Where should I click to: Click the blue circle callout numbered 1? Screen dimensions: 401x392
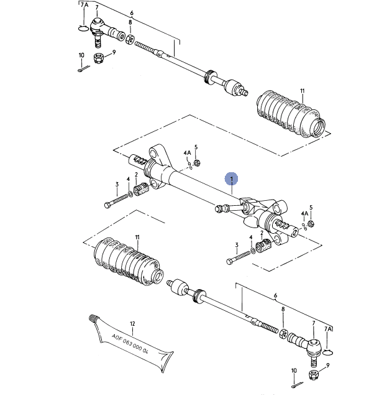pos(232,179)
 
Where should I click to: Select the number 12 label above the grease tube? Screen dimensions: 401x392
pos(132,324)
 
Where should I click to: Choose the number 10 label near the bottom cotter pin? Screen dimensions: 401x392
pos(294,371)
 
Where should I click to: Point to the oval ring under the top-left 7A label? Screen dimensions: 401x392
pos(82,27)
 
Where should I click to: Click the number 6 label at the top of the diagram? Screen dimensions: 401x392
pos(131,12)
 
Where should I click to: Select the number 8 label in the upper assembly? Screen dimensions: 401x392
pos(130,23)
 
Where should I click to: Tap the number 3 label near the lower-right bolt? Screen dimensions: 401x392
pos(236,246)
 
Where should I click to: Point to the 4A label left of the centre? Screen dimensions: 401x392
pos(187,152)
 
